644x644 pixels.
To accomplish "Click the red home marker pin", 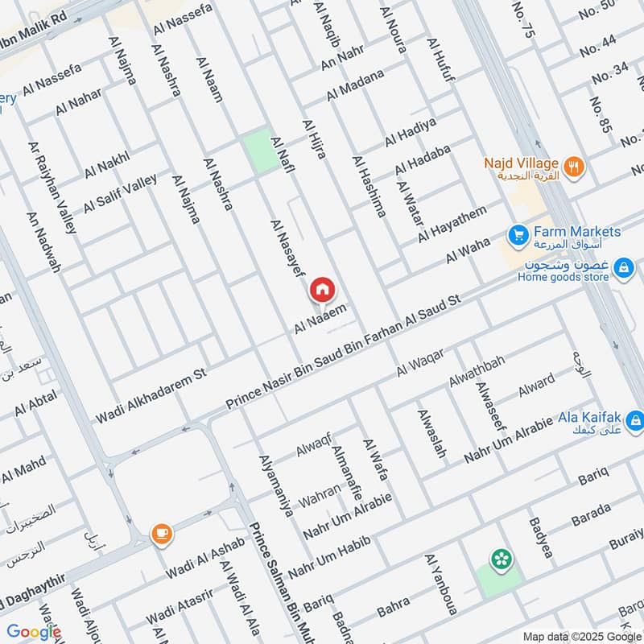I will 322,289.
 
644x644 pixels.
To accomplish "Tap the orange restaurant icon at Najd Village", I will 575,167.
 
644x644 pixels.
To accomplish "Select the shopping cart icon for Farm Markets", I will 517,236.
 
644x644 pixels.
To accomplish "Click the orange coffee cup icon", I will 161,533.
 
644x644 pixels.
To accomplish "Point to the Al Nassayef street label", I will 287,250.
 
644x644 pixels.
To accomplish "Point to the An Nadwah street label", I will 43,242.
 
